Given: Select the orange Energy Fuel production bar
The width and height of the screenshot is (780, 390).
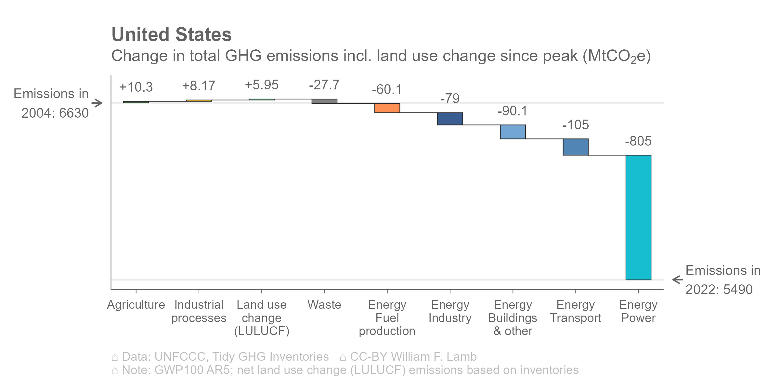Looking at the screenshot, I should click(x=387, y=108).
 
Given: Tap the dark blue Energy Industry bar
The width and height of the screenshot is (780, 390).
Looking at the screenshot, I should click(x=450, y=119).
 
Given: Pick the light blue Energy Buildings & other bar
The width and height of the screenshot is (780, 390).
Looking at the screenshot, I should click(x=513, y=132).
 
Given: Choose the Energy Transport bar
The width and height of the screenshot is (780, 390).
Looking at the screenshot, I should click(x=576, y=147).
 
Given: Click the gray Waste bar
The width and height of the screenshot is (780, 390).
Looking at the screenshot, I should click(x=324, y=101).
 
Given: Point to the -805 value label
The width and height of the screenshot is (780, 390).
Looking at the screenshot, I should click(x=638, y=141).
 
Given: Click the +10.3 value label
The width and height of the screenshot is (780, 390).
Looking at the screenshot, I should click(x=136, y=87).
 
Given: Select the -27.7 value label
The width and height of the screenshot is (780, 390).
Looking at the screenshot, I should click(x=324, y=85).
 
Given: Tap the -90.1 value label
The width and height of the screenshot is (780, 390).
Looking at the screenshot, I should click(x=512, y=111).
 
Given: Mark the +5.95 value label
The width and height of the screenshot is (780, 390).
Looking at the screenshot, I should click(x=262, y=85).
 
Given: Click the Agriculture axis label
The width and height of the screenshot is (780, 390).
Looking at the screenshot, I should click(x=136, y=305).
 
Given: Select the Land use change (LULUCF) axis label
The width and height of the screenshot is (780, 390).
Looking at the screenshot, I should click(x=262, y=318).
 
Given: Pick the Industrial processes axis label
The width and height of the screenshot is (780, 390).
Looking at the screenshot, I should click(x=199, y=311).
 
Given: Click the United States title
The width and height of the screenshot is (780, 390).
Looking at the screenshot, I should click(x=172, y=34).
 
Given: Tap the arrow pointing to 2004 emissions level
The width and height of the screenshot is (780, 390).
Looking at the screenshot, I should click(x=97, y=103).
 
